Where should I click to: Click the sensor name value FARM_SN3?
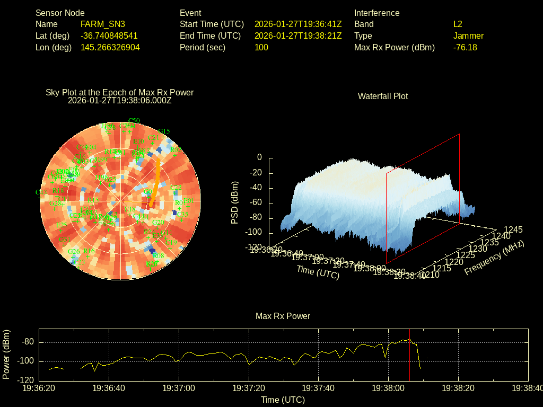pos(102,24)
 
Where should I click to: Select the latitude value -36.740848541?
pos(109,36)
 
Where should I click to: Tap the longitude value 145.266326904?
pos(110,48)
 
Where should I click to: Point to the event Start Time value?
pos(297,24)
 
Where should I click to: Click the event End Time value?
pos(297,36)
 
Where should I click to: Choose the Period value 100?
pos(261,48)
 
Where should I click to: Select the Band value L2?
pos(458,24)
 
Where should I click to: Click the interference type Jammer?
pos(468,36)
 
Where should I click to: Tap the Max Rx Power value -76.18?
pos(465,48)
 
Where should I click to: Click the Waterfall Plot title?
pos(383,96)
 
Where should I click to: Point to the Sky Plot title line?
pos(119,93)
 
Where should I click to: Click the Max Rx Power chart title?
pos(283,316)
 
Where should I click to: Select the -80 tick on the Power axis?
pos(28,342)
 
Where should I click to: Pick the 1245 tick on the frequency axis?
pos(513,230)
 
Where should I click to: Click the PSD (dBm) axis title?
pos(235,202)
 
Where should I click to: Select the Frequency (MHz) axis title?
pos(494,258)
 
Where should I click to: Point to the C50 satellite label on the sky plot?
pos(134,121)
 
